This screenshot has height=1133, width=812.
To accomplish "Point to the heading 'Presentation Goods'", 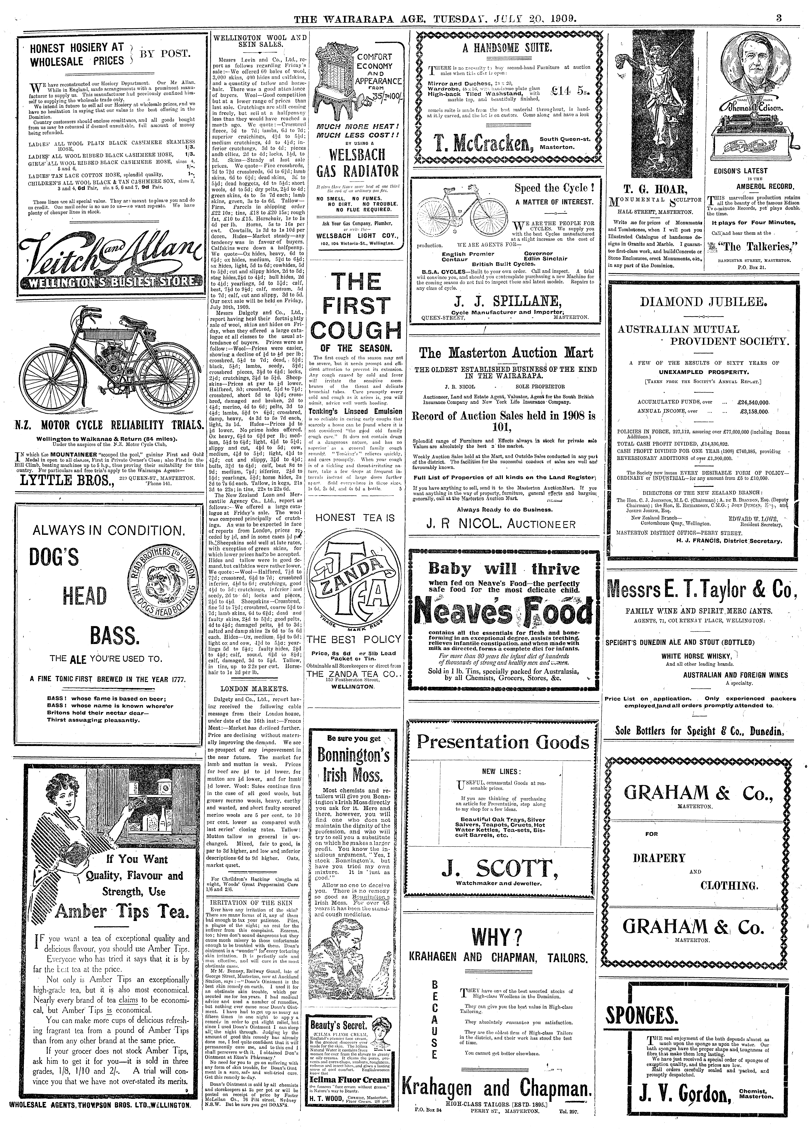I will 503,742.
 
